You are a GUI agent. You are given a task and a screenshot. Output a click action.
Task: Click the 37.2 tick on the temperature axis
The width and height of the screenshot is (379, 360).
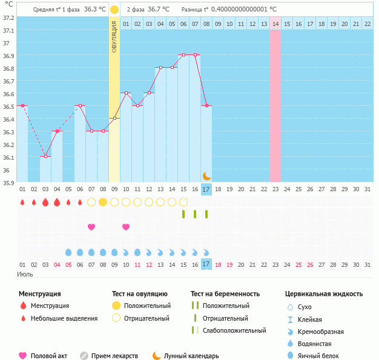coord(8,18)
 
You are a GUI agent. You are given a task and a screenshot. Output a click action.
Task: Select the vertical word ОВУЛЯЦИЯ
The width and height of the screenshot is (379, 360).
coord(114,37)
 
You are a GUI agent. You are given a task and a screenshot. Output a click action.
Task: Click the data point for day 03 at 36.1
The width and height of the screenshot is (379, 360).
coord(45,156)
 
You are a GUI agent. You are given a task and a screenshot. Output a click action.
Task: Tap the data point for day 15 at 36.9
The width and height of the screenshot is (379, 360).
coord(183,55)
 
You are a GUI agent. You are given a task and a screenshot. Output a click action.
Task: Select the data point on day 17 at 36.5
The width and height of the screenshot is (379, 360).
coord(206,105)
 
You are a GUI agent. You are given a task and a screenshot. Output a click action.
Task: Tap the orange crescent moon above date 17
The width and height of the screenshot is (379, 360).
coord(206,175)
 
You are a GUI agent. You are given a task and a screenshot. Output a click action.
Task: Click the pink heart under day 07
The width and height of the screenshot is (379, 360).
coord(91,227)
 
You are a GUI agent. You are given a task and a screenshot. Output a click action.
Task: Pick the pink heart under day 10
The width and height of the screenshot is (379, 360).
coord(126,227)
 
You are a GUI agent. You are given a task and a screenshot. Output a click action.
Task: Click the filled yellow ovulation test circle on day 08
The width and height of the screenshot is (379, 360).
coord(103,201)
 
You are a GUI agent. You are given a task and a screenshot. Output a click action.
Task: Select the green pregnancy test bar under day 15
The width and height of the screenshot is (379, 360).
coord(183,214)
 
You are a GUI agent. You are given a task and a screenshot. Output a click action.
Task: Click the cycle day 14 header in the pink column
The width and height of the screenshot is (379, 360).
coord(275,24)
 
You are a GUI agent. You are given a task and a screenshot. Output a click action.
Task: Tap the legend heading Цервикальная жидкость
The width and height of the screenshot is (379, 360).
coord(324,294)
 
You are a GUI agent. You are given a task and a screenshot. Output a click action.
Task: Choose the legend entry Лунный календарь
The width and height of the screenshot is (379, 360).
coord(191,356)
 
